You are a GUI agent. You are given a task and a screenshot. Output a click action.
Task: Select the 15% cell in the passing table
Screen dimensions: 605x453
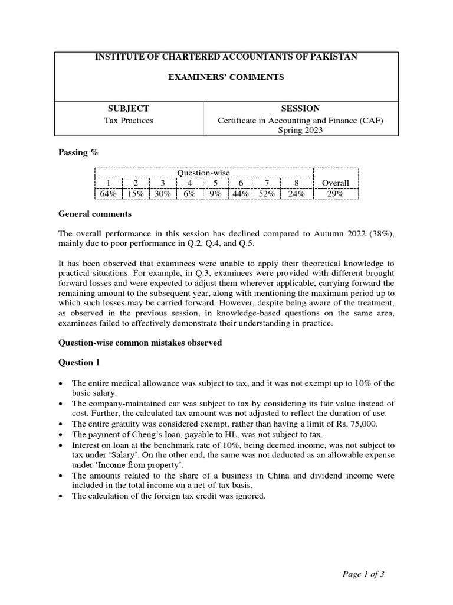(135, 194)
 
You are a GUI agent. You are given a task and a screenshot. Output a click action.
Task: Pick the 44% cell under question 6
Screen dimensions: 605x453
(241, 194)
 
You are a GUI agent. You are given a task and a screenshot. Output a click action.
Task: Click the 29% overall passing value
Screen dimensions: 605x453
(335, 194)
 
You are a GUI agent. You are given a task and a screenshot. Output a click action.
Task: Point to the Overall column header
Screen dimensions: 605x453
(335, 183)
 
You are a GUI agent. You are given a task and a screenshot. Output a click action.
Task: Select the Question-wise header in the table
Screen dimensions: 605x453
(203, 173)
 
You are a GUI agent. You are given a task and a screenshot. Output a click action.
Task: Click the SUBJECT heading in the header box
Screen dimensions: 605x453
(129, 109)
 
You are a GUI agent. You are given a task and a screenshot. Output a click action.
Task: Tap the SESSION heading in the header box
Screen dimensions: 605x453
(300, 109)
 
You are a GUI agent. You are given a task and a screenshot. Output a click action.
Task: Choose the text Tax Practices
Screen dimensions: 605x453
(129, 121)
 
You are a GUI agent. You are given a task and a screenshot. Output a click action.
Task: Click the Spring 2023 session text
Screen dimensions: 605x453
(300, 131)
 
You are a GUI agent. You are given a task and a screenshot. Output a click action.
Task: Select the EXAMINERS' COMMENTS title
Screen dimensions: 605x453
(226, 77)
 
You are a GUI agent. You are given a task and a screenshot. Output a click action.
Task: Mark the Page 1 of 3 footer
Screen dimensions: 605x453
(363, 573)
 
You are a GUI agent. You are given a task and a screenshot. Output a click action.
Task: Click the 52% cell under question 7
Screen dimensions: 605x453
(267, 194)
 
